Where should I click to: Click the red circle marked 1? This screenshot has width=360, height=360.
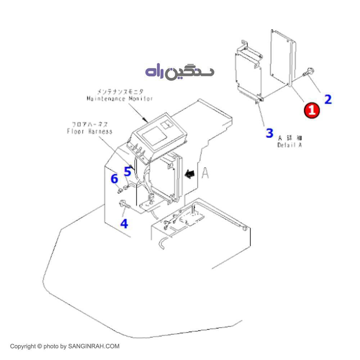(x=312, y=110)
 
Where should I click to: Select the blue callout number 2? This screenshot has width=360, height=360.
(x=328, y=99)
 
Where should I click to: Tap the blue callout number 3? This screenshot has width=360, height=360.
(x=269, y=133)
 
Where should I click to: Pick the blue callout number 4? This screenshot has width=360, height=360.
(x=124, y=224)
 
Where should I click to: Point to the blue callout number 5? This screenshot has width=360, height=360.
(x=127, y=171)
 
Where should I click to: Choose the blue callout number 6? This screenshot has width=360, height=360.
(x=114, y=179)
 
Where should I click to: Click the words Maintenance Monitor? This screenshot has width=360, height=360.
(x=120, y=99)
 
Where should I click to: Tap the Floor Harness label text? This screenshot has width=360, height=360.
(x=90, y=131)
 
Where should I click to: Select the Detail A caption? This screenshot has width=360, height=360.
(x=289, y=145)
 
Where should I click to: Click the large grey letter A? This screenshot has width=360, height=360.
(x=205, y=173)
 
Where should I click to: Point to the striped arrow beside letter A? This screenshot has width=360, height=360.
(x=189, y=174)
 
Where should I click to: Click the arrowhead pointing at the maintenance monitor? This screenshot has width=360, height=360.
(x=146, y=119)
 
